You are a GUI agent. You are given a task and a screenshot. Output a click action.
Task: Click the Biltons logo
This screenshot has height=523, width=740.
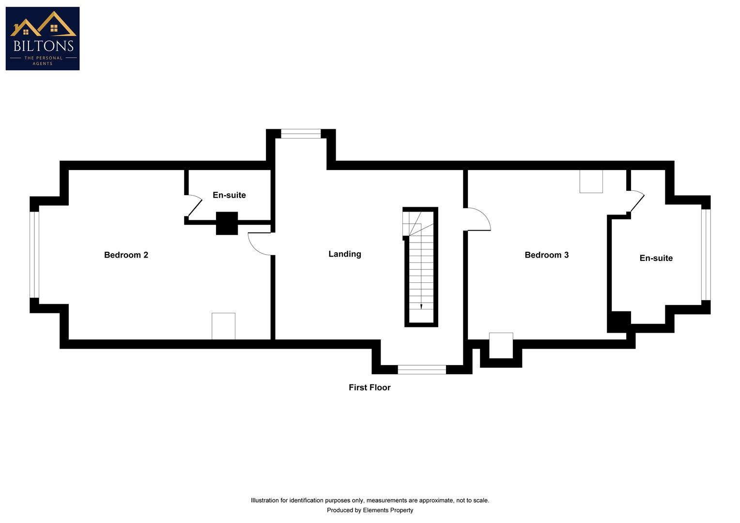[43, 38]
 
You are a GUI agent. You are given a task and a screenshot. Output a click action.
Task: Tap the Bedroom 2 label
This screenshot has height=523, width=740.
[126, 255]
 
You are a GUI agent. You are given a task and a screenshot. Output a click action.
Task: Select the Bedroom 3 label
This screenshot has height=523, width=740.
[546, 255]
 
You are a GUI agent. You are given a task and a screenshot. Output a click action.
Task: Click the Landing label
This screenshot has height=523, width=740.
[344, 254]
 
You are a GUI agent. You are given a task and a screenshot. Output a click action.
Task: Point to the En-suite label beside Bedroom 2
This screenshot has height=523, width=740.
[229, 195]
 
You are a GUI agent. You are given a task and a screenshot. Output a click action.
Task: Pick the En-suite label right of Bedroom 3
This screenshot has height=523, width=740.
[656, 258]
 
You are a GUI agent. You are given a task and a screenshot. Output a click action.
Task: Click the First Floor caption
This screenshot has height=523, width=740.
[370, 387]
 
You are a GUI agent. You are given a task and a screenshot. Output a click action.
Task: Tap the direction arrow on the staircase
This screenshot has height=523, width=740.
[421, 306]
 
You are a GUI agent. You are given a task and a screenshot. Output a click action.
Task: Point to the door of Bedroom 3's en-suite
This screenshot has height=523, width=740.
[636, 202]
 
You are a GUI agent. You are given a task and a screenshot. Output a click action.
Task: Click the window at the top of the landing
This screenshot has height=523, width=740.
[301, 134]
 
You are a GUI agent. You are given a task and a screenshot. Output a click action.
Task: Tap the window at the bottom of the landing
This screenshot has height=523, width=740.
[422, 369]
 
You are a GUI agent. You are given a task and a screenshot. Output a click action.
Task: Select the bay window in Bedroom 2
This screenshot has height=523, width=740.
[34, 254]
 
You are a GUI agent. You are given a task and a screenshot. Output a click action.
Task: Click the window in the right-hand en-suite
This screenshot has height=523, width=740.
[706, 254]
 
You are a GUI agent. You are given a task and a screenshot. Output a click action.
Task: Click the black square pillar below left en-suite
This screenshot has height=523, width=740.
[227, 223]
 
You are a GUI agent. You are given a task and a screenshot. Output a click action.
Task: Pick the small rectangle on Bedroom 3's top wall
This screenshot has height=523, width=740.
[591, 181]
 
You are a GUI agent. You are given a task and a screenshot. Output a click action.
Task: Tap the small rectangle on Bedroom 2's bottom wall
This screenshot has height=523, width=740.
[223, 326]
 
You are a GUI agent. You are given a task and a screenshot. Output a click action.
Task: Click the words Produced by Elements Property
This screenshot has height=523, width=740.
[370, 510]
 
